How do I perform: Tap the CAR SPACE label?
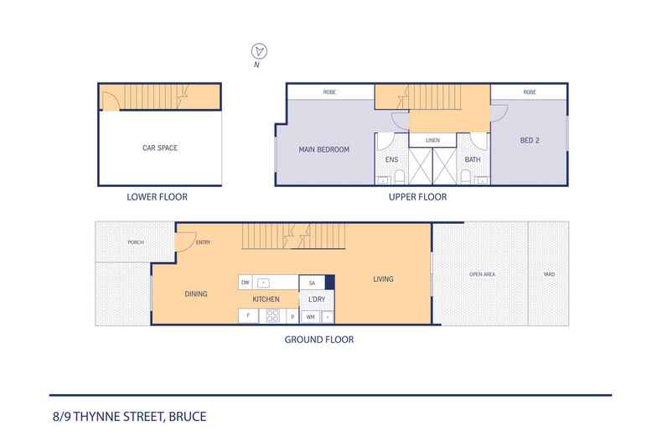point(159,148)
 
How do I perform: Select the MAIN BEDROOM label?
point(323,150)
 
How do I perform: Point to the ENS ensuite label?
point(391,159)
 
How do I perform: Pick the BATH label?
point(472,159)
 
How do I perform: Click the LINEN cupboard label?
point(432,140)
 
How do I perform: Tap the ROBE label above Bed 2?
point(529,91)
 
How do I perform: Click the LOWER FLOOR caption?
point(157,198)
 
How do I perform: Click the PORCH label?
point(136,242)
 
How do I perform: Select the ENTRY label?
point(203,243)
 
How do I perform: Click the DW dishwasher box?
point(246,283)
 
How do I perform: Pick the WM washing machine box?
point(310,316)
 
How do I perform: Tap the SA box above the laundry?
point(312,283)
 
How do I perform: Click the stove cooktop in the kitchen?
point(272,316)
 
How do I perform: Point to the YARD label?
point(547,274)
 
